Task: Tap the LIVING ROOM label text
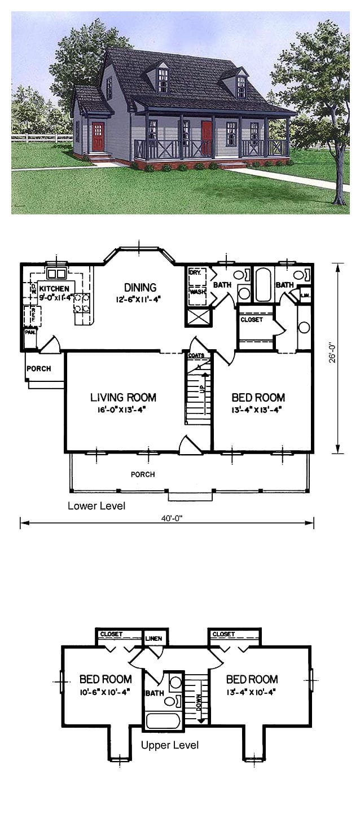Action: tap(123, 398)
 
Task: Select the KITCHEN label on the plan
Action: tap(54, 288)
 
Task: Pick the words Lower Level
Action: tap(96, 505)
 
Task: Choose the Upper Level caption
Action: tap(170, 745)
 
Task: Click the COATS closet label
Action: tap(196, 356)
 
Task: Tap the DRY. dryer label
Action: tap(195, 272)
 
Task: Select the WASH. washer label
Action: tap(196, 292)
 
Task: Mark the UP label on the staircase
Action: tap(201, 390)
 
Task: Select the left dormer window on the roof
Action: tap(164, 80)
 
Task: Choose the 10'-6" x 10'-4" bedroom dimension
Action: tap(106, 692)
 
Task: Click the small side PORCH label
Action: tap(38, 369)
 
